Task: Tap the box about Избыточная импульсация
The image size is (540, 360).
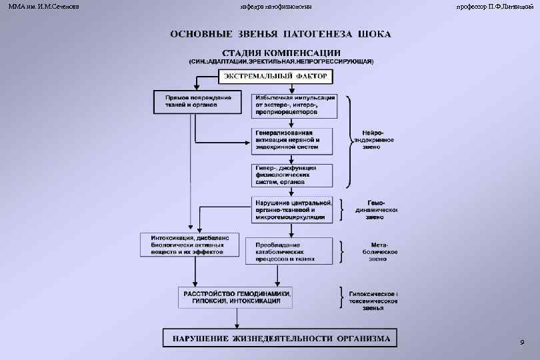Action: (294, 105)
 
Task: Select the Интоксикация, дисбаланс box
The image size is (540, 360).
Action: (190, 245)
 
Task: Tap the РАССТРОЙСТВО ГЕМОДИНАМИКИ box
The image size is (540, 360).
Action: (237, 297)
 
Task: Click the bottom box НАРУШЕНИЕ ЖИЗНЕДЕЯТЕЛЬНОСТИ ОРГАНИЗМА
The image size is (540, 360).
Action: (280, 338)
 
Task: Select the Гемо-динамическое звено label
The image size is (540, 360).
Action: (382, 209)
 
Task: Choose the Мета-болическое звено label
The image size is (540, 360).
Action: (382, 252)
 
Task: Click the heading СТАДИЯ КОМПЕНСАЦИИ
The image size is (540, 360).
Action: (281, 53)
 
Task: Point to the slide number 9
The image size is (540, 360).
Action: (521, 342)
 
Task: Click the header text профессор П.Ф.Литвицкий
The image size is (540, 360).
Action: (493, 6)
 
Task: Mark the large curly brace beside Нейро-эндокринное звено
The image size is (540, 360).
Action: (349, 140)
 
